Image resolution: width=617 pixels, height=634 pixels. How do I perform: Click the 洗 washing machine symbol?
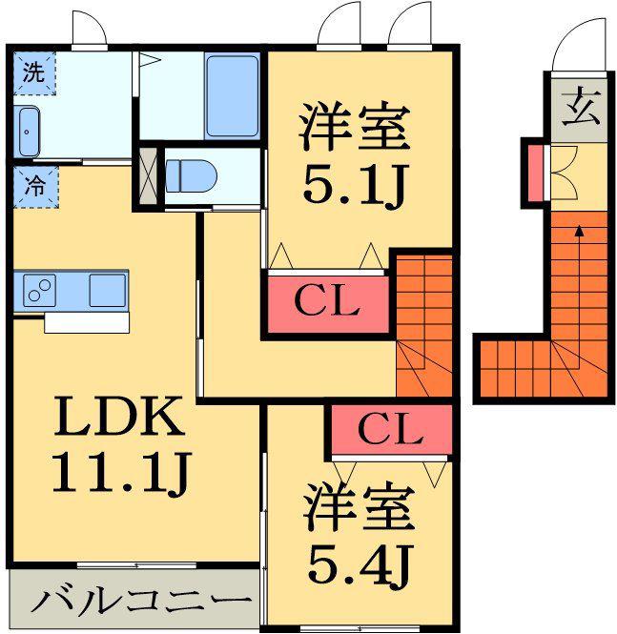tap(34, 72)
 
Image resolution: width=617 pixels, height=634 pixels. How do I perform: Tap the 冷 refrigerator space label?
tap(35, 187)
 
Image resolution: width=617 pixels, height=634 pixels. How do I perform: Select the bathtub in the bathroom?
tap(232, 96)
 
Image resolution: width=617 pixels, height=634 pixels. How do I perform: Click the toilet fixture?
tap(191, 176)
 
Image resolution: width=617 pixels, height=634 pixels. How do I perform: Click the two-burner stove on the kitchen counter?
tap(39, 291)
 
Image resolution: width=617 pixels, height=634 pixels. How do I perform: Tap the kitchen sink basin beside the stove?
tap(107, 291)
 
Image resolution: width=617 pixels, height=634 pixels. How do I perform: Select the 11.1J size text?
tap(121, 473)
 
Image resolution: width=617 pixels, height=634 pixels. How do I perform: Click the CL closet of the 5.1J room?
tap(327, 304)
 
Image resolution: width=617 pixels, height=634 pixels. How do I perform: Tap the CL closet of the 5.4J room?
tap(391, 429)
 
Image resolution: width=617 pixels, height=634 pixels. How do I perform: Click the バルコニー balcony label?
tap(141, 602)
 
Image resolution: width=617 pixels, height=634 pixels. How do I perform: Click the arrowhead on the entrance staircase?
tap(580, 231)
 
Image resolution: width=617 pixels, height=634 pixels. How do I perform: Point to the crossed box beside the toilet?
tap(148, 175)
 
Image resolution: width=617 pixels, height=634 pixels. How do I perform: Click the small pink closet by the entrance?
tap(535, 173)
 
